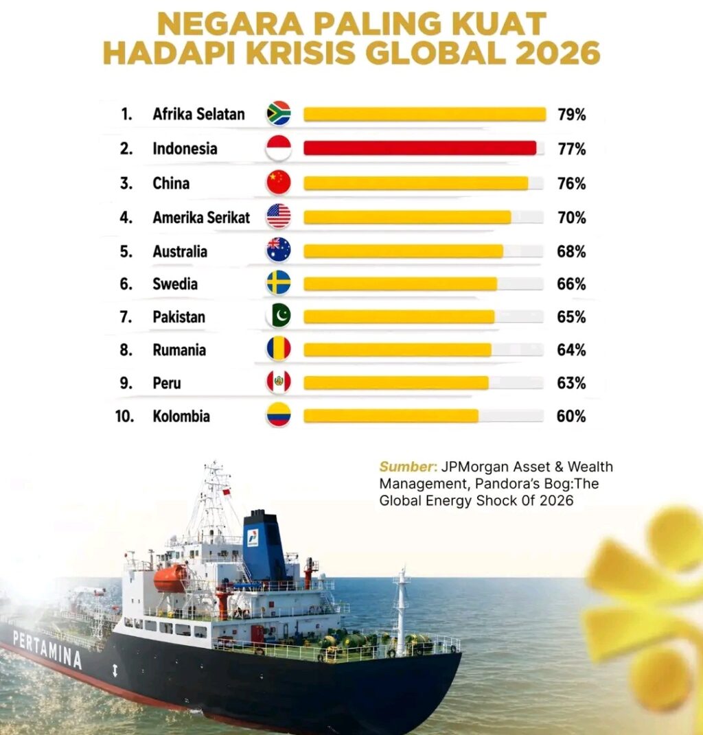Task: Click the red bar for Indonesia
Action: click(419, 148)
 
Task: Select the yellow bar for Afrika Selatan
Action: click(424, 114)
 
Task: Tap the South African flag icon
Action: click(279, 114)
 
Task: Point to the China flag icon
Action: click(279, 183)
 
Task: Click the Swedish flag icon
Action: click(279, 283)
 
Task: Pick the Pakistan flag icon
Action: click(279, 316)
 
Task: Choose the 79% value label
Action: click(571, 115)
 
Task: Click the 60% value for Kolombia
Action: click(571, 416)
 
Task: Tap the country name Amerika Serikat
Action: click(201, 218)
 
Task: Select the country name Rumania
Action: click(179, 350)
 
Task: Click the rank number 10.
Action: click(124, 416)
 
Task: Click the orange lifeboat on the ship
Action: click(170, 578)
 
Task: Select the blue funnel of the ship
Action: click(264, 546)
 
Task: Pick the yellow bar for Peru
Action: click(395, 382)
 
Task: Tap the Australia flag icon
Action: click(279, 250)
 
